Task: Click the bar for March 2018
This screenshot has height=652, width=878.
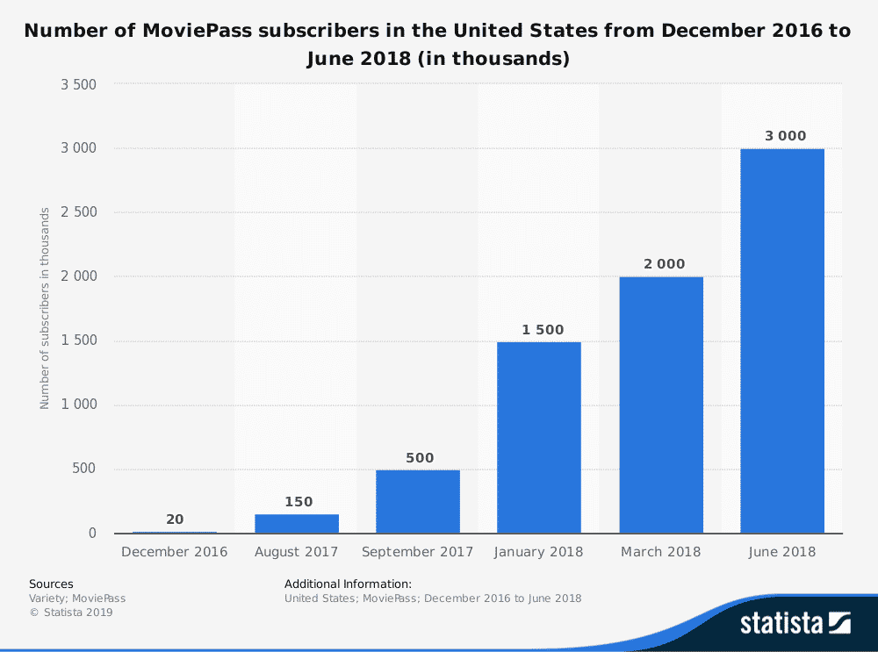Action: click(661, 405)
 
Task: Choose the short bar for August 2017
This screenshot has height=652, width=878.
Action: click(297, 524)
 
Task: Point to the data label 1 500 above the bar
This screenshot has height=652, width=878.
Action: click(539, 329)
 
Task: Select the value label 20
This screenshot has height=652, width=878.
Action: click(175, 519)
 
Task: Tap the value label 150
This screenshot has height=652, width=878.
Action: click(297, 502)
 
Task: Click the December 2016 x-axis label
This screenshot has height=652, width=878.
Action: click(175, 552)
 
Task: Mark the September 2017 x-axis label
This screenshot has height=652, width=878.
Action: click(418, 552)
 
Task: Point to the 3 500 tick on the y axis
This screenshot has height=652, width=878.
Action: click(78, 84)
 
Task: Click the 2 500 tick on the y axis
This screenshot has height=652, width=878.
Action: click(78, 212)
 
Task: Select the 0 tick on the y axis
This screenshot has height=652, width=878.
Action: click(91, 534)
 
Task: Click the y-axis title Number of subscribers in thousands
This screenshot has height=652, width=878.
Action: click(44, 309)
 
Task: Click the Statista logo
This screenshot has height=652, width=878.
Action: click(795, 623)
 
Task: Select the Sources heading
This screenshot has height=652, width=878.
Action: click(51, 584)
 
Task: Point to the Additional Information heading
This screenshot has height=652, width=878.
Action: click(348, 584)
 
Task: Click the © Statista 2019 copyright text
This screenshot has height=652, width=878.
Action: click(71, 613)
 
